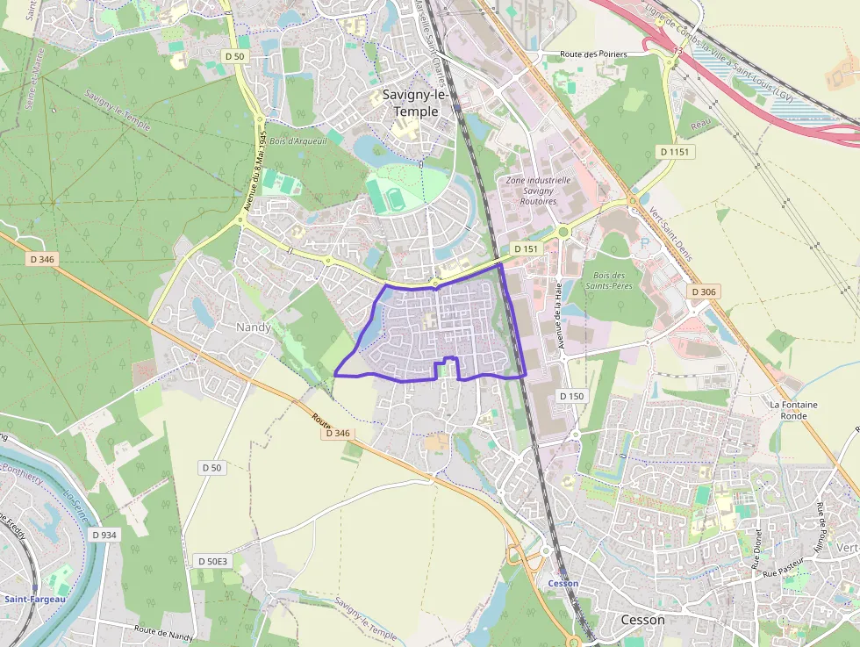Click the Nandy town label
(x=254, y=327)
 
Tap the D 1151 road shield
(x=675, y=152)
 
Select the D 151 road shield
(x=526, y=249)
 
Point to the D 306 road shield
(x=703, y=291)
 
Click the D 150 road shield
(x=570, y=396)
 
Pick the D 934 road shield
(x=103, y=535)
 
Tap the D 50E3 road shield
(x=212, y=561)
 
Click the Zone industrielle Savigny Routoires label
(x=538, y=191)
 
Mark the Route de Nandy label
(x=164, y=632)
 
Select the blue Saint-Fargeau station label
(x=34, y=600)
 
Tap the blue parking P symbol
(x=646, y=242)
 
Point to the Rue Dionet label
(x=756, y=549)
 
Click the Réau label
(x=699, y=126)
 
